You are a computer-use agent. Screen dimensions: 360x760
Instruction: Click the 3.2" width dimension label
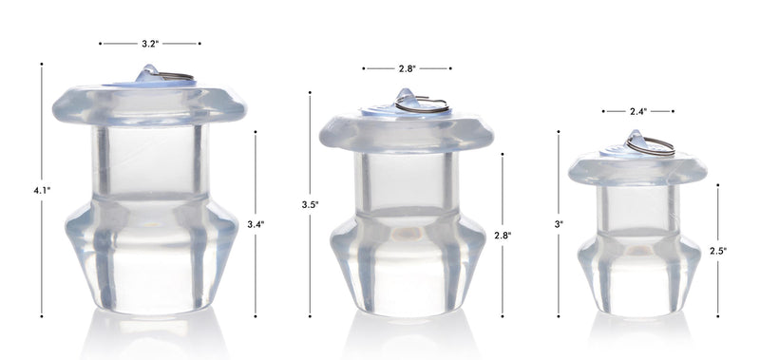pos(149,44)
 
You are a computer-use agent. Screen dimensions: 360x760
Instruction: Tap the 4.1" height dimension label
pos(41,190)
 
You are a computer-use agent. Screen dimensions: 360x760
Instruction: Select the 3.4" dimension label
pos(256,224)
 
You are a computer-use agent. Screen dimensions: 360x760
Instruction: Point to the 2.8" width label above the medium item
pos(407,68)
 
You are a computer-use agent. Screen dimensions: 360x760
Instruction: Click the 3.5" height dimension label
pos(310,204)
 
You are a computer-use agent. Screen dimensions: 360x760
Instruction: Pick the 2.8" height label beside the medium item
pos(503,234)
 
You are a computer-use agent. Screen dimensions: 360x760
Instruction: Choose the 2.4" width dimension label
pos(638,111)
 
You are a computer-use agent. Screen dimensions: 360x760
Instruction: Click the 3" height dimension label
pos(559,224)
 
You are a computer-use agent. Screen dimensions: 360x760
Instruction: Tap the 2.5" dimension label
pos(718,251)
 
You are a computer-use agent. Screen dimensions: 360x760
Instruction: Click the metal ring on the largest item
pos(177,76)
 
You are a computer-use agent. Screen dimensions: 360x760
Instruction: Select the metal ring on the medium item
pos(424,104)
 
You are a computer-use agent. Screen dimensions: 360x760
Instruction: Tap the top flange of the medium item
pos(406,132)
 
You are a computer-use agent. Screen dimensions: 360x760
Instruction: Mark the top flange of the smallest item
pos(637,170)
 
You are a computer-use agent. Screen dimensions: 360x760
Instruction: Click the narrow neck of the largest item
pos(149,161)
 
